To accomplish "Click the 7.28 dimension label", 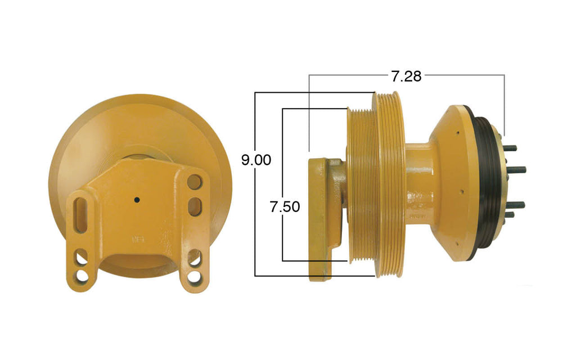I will [x=406, y=76].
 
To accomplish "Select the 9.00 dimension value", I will [x=256, y=160].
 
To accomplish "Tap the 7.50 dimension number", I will [x=285, y=206].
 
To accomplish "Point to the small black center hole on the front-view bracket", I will [x=137, y=199].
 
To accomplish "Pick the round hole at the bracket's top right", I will [x=194, y=182].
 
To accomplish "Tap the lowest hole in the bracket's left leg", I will [x=82, y=276].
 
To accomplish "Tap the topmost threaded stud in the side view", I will [x=510, y=148].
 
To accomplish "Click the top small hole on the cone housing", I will [x=458, y=133].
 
